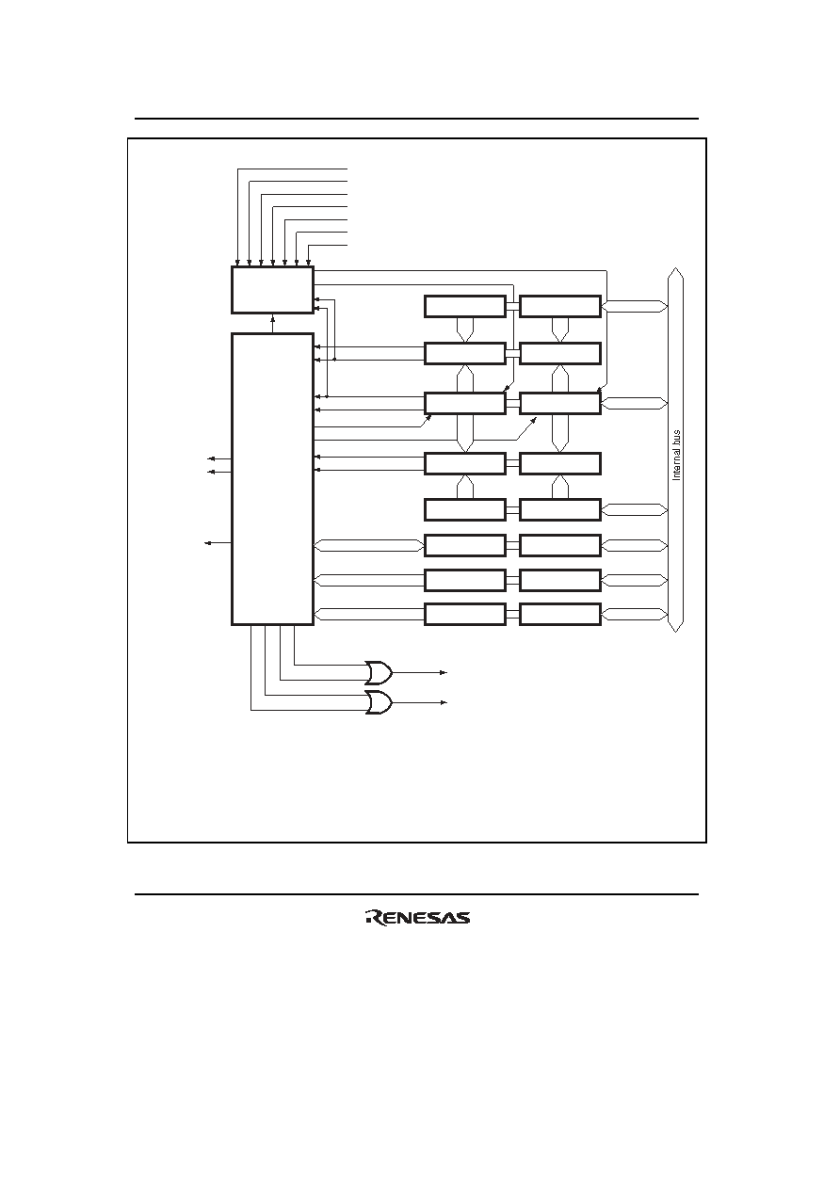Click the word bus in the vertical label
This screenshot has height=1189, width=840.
[676, 439]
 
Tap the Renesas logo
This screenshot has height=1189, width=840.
[417, 918]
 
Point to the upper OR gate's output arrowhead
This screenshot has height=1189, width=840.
[444, 672]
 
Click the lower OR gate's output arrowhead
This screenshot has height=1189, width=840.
[444, 702]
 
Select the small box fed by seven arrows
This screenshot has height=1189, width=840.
[272, 290]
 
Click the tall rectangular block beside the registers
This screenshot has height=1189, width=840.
[272, 479]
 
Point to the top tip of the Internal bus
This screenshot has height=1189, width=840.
[675, 268]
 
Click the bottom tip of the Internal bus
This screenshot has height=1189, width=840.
[675, 632]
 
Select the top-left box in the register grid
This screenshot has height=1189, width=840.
[464, 306]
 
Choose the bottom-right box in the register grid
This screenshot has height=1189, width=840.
[560, 614]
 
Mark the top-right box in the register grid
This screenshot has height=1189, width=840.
[560, 306]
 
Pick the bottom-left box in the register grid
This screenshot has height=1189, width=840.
[464, 614]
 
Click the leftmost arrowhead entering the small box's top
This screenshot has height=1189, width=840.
[237, 263]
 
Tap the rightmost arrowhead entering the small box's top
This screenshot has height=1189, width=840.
[309, 263]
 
